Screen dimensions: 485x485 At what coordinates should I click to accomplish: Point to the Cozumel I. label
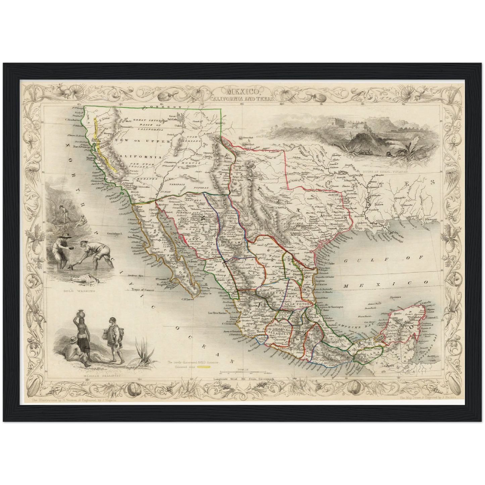pos(434,317)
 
